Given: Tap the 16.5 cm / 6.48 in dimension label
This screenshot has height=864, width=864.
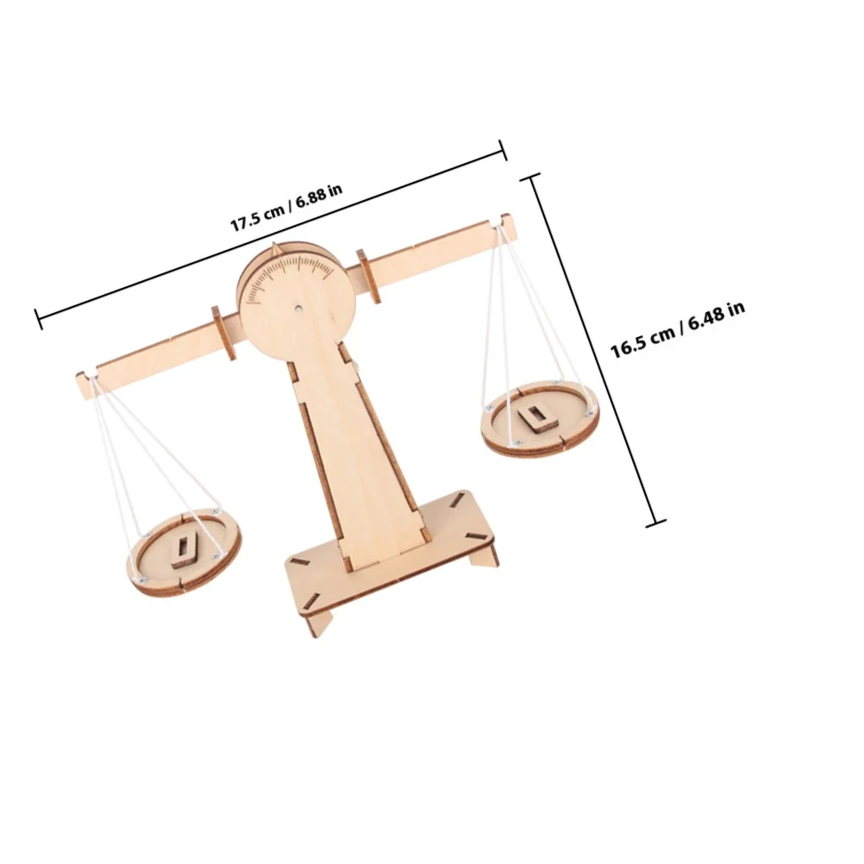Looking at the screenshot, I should [678, 329].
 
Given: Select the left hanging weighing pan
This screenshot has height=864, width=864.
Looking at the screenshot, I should [183, 553].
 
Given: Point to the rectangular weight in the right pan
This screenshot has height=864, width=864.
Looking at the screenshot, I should [536, 417].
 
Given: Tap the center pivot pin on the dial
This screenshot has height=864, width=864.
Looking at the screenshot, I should [297, 305].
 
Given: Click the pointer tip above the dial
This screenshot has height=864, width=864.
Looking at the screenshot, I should [274, 248].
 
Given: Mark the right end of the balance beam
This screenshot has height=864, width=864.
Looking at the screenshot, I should [509, 228].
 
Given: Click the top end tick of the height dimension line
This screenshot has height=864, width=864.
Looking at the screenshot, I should [534, 177].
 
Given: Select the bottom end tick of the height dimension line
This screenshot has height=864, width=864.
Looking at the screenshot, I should [657, 521].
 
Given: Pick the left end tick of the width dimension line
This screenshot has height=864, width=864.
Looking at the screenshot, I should [39, 318].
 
